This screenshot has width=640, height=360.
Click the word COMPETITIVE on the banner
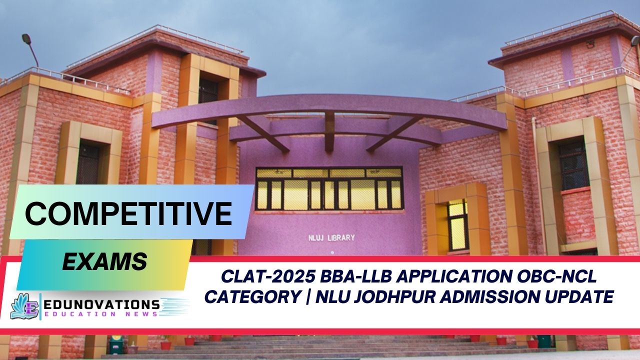pos(128,213)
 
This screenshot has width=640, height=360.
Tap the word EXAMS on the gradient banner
pos(104,261)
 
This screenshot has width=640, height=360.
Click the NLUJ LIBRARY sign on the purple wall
pos(331,238)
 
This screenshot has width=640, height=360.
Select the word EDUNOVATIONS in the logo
pos(100,304)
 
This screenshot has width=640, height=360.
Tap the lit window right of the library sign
pos(457,224)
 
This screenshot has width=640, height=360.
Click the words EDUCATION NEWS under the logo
pos(100,314)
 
